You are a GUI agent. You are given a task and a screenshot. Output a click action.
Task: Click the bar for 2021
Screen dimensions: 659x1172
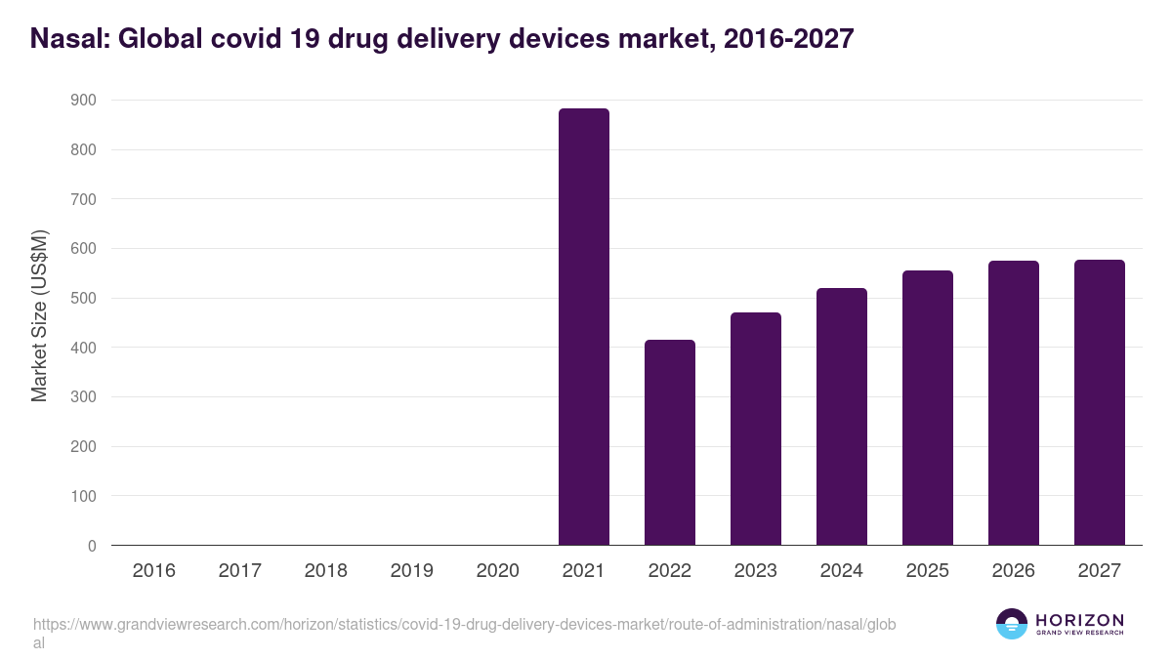tap(584, 327)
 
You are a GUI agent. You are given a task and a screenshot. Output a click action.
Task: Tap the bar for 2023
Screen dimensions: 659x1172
tap(756, 429)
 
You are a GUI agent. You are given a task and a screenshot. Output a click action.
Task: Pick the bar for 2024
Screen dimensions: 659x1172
tap(842, 417)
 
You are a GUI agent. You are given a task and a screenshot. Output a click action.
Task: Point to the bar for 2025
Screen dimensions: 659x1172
tap(928, 408)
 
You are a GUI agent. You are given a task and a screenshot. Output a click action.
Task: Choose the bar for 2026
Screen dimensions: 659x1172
tap(1014, 403)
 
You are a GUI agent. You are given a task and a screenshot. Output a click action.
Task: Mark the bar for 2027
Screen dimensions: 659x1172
tap(1100, 402)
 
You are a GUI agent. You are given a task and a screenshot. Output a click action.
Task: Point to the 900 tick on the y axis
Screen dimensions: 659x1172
tap(84, 101)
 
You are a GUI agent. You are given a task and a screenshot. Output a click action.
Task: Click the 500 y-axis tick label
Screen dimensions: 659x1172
tap(84, 299)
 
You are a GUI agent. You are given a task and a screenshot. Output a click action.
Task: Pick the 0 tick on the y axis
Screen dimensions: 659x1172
tap(92, 547)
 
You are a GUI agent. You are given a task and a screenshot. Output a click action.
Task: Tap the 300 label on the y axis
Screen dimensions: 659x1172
tap(84, 397)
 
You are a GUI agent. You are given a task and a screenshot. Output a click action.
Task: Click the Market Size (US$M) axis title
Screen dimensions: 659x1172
tap(39, 316)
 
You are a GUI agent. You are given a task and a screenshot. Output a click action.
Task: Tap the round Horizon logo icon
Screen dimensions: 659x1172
tap(1012, 624)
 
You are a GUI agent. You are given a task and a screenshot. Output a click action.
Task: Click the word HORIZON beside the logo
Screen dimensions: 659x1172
tap(1079, 620)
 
